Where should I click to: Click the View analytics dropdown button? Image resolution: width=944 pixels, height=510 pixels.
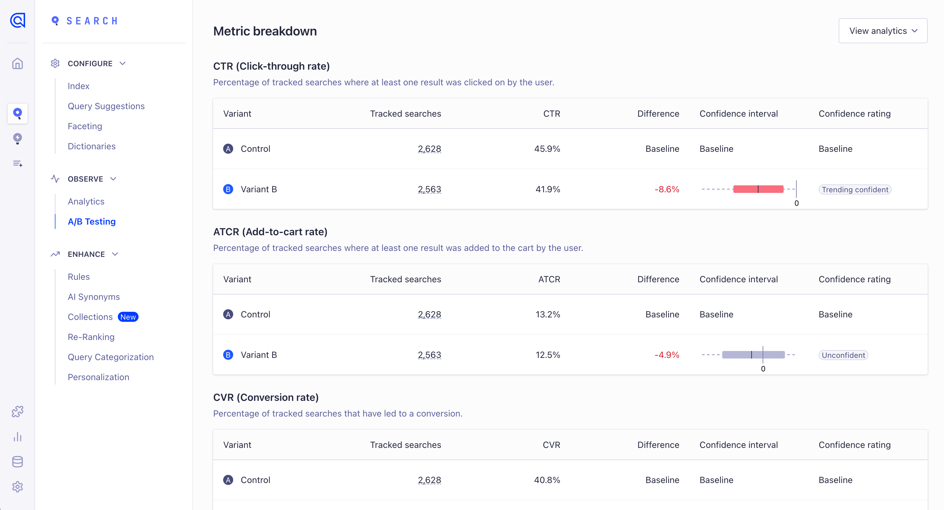[x=883, y=31]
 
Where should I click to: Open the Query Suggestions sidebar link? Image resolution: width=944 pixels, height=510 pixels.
[x=106, y=106]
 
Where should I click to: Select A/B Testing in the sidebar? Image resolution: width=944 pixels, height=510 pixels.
[x=92, y=221]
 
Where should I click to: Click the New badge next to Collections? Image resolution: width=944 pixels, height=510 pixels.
[x=128, y=317]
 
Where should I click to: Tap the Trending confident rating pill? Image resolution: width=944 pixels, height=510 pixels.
[x=855, y=189]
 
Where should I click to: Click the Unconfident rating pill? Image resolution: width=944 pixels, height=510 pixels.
[x=843, y=355]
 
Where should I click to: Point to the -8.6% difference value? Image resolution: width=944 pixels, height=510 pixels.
[x=667, y=189]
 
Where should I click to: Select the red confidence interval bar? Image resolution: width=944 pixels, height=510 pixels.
[x=758, y=189]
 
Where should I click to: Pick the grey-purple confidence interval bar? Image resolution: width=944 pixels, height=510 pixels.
[x=753, y=354]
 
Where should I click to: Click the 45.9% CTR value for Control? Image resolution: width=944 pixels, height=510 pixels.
[x=547, y=149]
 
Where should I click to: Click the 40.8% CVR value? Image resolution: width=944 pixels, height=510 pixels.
[x=547, y=480]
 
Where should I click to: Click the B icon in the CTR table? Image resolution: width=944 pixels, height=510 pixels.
[x=228, y=189]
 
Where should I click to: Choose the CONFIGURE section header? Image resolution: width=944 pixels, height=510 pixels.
[x=90, y=63]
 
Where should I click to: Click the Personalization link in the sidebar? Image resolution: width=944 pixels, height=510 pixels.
[x=98, y=377]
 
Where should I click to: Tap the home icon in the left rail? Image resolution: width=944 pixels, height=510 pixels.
[x=17, y=63]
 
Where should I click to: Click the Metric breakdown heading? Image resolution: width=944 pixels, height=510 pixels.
[x=265, y=31]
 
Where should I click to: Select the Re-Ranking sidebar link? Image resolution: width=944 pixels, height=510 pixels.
[x=91, y=337]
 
